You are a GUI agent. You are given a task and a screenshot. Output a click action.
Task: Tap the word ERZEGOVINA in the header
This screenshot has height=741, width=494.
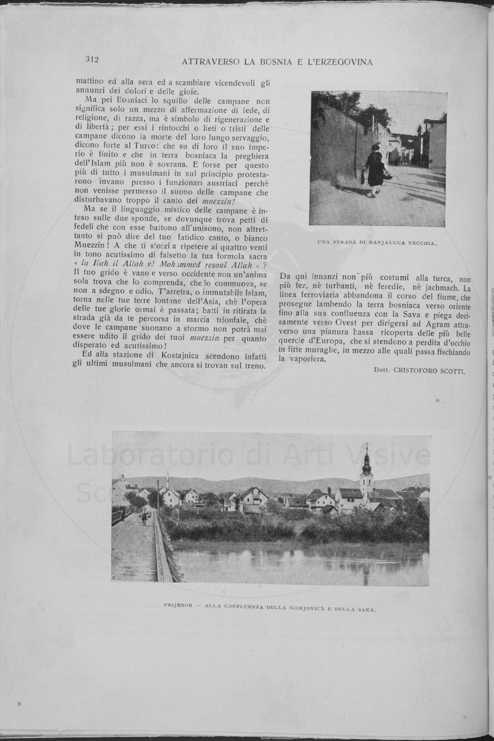tap(346, 62)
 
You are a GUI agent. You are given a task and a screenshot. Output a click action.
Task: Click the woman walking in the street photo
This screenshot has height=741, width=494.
tap(374, 170)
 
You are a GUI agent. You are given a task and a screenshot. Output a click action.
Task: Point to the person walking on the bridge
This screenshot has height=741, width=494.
tap(144, 517)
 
